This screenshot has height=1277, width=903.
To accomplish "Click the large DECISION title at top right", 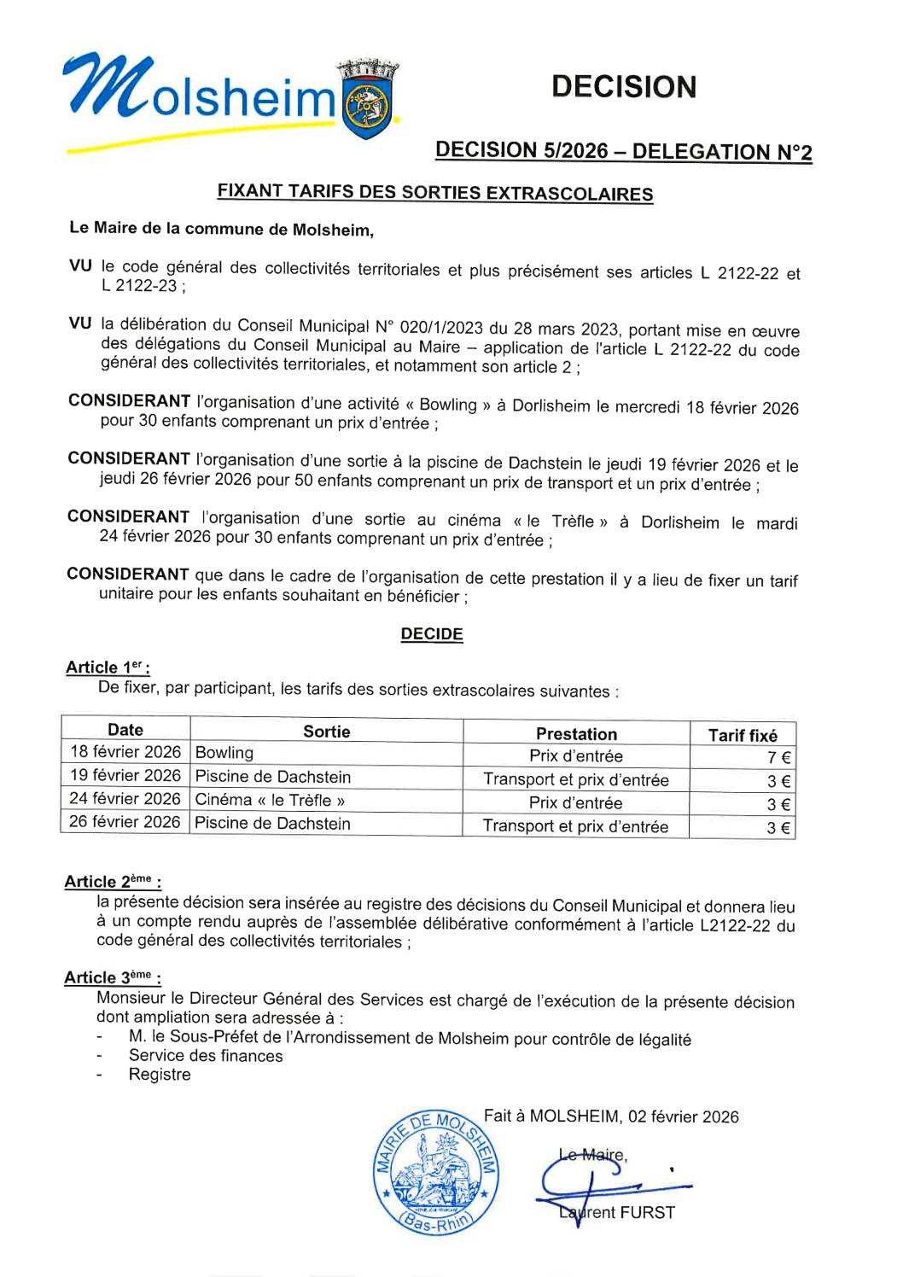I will click(623, 87).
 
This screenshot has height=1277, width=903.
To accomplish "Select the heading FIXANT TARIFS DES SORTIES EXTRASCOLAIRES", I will click(434, 192).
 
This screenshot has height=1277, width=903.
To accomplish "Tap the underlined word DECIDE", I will click(432, 634).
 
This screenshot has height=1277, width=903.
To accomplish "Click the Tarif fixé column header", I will click(743, 735).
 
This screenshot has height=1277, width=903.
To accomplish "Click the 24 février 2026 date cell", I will click(125, 799).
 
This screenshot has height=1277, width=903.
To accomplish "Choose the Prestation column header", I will click(576, 734).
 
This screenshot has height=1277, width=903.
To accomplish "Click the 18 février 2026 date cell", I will click(125, 752).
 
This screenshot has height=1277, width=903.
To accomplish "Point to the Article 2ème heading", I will click(113, 882).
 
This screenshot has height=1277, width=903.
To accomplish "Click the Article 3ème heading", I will click(113, 977).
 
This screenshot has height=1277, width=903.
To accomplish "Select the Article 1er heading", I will click(108, 668).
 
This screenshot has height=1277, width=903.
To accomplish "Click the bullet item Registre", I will click(160, 1075).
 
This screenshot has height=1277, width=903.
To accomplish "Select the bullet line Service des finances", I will click(206, 1056).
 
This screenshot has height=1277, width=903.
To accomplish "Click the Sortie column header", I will click(326, 732).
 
